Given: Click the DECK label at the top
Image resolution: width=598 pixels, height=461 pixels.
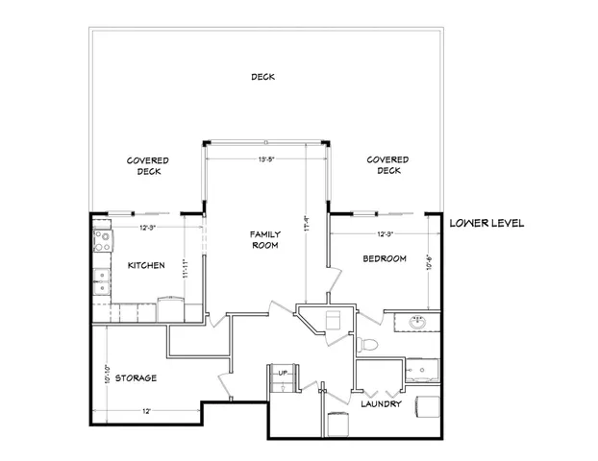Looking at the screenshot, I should (263, 77).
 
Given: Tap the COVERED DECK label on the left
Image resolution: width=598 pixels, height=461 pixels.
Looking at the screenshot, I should (148, 165).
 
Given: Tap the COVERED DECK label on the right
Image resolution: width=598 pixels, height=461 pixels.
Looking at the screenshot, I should (388, 165).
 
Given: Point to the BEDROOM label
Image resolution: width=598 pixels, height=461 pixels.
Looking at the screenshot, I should (384, 259).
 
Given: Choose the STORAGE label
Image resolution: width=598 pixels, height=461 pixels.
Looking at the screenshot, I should (137, 377).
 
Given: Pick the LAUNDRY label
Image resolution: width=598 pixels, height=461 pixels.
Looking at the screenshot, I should (380, 404).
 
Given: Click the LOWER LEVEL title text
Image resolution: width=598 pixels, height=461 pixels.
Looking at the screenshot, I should (486, 223).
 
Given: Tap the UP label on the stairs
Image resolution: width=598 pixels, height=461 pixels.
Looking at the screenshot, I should (283, 372).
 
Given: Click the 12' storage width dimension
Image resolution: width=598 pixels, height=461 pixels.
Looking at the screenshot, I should (147, 411).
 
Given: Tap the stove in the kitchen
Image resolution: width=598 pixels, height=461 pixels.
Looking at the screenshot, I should (101, 239).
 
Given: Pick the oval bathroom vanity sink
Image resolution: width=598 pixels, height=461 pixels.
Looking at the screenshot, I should (418, 323).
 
